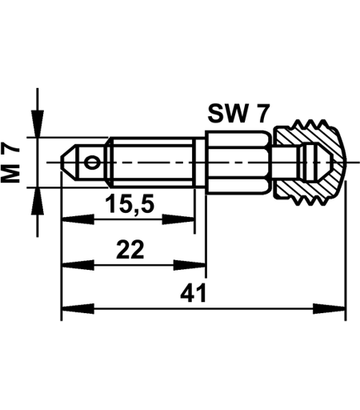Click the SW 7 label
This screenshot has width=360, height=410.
(x=238, y=114)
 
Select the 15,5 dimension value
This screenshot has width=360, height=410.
(x=130, y=204)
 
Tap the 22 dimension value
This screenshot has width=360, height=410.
(x=130, y=249)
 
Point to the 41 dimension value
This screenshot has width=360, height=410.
(x=194, y=293)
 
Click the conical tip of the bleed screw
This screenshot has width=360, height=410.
(x=68, y=163)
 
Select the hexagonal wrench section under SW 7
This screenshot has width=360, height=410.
(x=238, y=162)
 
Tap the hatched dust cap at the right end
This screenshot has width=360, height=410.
(x=310, y=163)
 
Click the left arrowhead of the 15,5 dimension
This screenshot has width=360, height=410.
(x=78, y=219)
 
